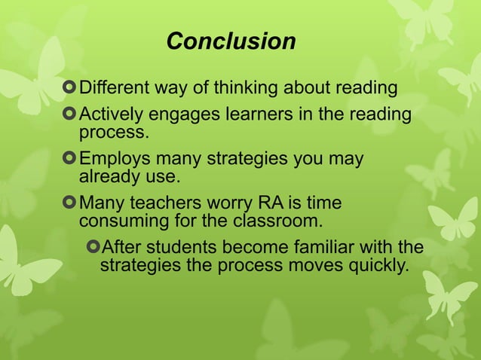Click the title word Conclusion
point(231,41)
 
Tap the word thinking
point(247,88)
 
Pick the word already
point(107,177)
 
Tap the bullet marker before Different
point(71,89)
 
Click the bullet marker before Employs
point(71,160)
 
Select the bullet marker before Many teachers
point(71,204)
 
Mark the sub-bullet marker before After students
point(93,248)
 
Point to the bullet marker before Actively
point(71,115)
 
